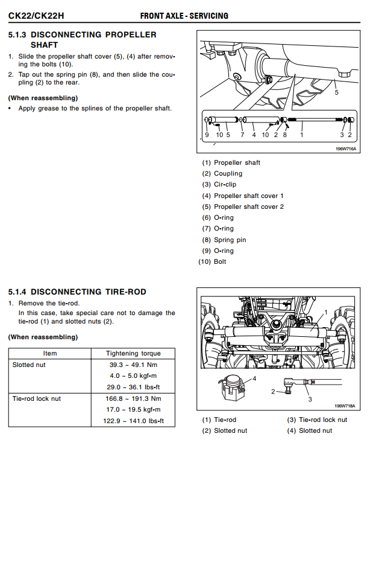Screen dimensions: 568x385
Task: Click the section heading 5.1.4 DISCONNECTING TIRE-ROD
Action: [77, 292]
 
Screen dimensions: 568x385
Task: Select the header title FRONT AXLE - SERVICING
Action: [184, 15]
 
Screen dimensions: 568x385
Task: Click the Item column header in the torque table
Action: [50, 353]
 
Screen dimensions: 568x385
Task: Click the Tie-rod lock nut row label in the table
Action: [36, 398]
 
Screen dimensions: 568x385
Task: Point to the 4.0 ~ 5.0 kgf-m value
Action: [134, 375]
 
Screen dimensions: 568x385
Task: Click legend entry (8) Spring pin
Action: [224, 240]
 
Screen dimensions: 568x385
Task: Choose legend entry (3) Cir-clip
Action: [219, 185]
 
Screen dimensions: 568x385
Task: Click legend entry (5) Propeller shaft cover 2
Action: [243, 206]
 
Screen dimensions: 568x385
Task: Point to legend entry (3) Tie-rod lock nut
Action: [317, 420]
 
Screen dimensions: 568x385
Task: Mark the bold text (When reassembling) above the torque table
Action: [43, 337]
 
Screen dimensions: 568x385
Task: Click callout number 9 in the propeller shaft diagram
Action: [207, 135]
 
